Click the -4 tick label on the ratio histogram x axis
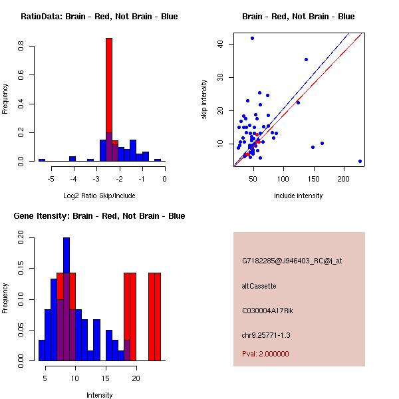(73, 179)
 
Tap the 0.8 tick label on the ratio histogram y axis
(23, 46)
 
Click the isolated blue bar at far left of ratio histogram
(42, 160)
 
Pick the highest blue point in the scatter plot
(252, 38)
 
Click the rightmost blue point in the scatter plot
(360, 161)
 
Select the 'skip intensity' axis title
(205, 100)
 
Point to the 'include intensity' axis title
(298, 196)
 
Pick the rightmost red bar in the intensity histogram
(158, 316)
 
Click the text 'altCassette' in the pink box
(259, 286)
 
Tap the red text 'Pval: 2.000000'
(265, 354)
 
